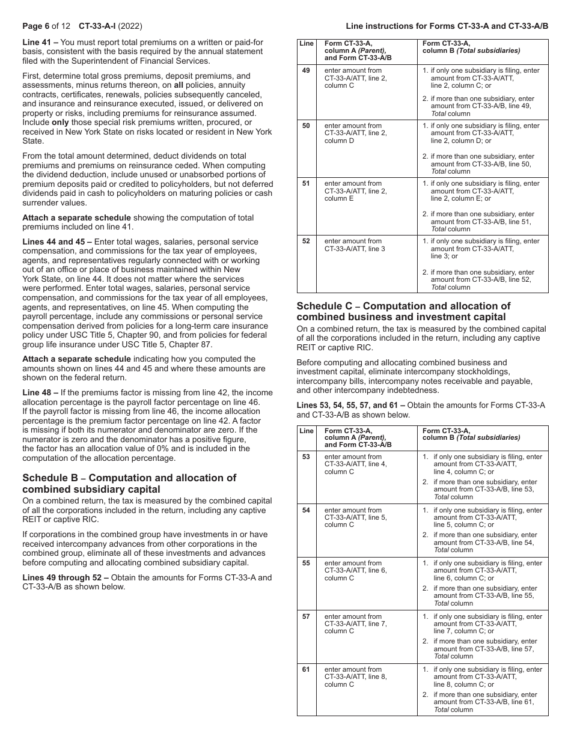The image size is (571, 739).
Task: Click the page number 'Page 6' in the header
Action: pos(38,27)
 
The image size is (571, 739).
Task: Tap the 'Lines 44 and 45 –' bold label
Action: pos(57,242)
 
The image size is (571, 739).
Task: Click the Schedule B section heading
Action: pos(129,484)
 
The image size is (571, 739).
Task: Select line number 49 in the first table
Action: pos(307,71)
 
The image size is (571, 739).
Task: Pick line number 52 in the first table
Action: pos(307,242)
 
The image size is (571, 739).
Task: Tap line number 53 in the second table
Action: pos(307,457)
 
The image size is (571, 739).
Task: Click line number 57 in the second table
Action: pos(307,616)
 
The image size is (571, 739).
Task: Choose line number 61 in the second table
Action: pos(307,669)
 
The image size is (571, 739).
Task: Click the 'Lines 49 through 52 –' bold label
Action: pos(66,577)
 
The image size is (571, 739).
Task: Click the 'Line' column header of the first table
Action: pos(307,43)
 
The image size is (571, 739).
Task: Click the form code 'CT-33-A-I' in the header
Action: pos(98,27)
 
